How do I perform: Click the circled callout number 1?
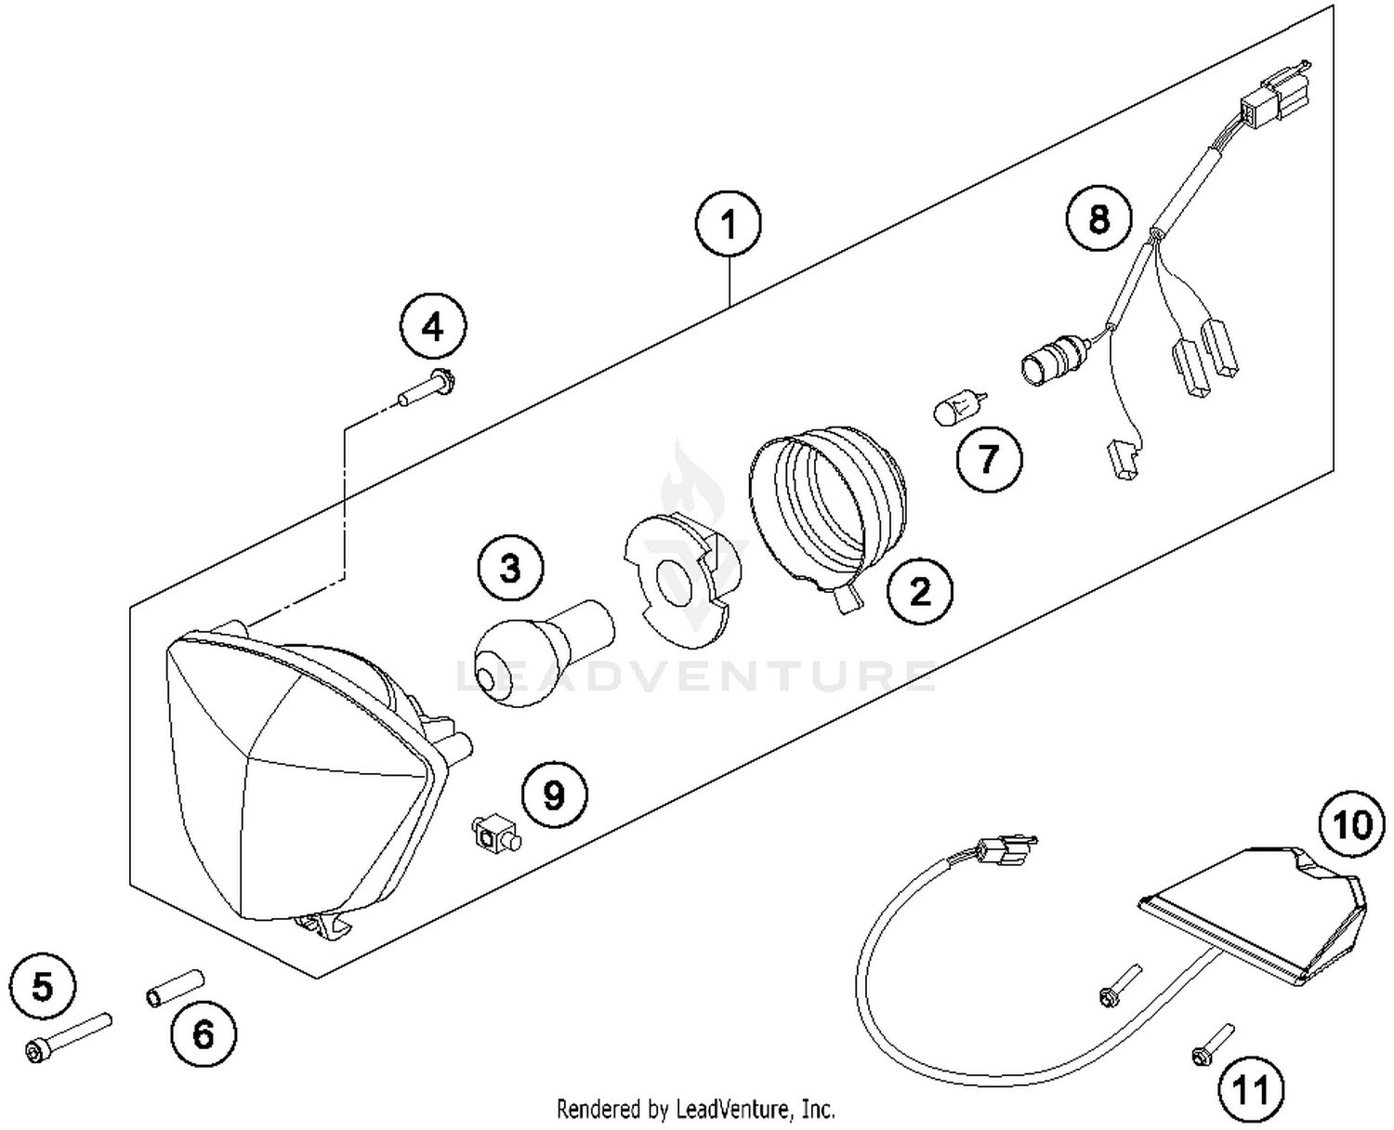(729, 225)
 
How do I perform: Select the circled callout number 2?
(919, 590)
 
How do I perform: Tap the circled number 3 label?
(511, 568)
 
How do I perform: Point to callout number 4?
(433, 327)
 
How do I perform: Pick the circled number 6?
(204, 1033)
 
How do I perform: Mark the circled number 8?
(1098, 220)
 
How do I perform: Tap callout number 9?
(553, 795)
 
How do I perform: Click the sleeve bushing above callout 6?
(174, 988)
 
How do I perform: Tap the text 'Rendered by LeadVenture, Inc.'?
(695, 1109)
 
